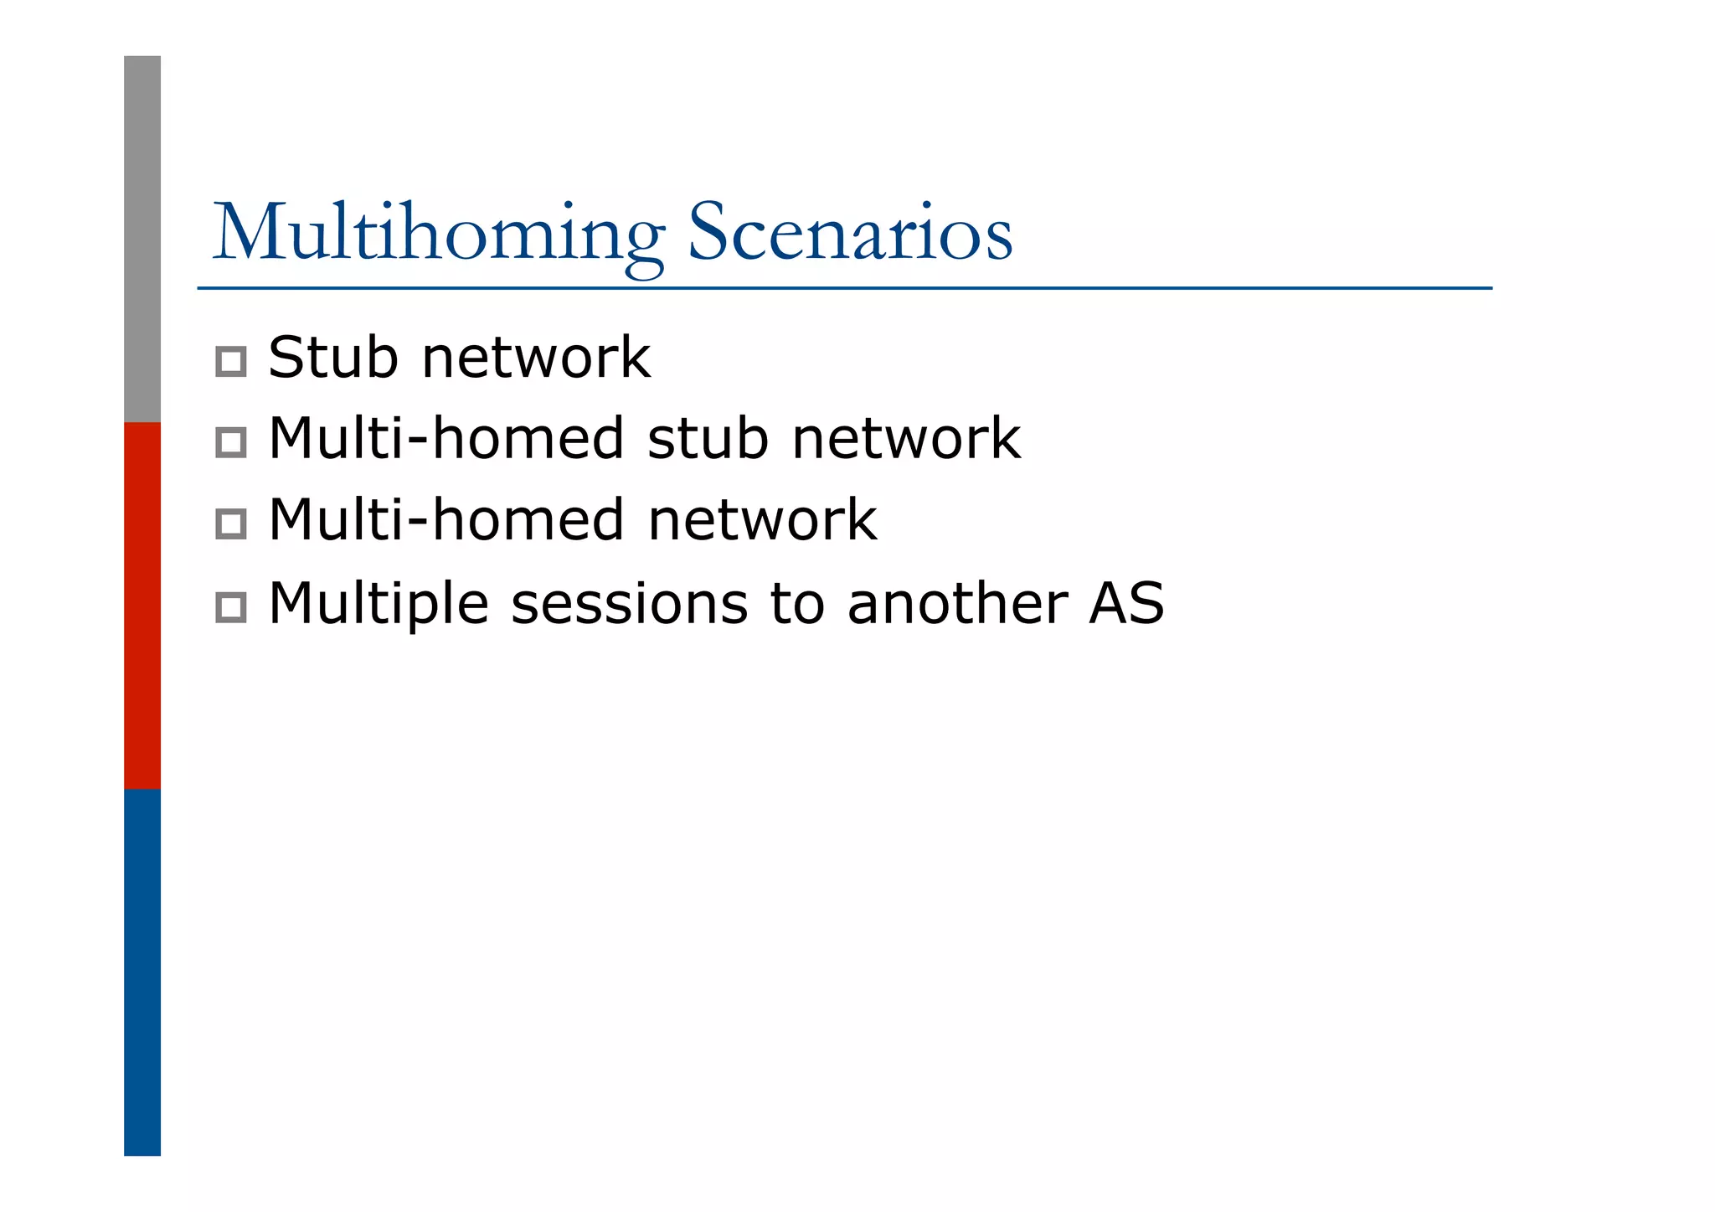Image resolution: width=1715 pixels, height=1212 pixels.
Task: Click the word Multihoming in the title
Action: [439, 233]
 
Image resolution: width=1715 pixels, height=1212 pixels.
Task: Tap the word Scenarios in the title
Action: [849, 233]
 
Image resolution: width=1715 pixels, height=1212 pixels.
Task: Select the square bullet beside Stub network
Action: [230, 362]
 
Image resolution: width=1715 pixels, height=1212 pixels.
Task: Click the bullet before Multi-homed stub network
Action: [230, 442]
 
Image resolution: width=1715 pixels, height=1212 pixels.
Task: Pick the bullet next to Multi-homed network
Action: [230, 523]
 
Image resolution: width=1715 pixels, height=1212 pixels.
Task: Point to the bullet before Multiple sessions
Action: [230, 606]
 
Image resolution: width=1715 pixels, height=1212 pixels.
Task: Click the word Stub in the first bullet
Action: [332, 358]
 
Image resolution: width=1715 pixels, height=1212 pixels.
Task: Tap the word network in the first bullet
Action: [536, 358]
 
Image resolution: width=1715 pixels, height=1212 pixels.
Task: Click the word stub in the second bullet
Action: [708, 438]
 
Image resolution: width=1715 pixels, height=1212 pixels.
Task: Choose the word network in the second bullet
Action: [906, 438]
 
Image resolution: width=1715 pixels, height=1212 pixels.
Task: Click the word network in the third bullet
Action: [762, 519]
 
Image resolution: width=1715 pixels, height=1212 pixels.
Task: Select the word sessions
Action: [629, 603]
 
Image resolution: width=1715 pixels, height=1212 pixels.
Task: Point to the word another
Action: [957, 603]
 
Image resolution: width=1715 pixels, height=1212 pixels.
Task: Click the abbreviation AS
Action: [1126, 603]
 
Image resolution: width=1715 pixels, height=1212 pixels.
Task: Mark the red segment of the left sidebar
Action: [142, 605]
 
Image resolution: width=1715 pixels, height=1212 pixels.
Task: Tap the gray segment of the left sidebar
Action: [142, 239]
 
